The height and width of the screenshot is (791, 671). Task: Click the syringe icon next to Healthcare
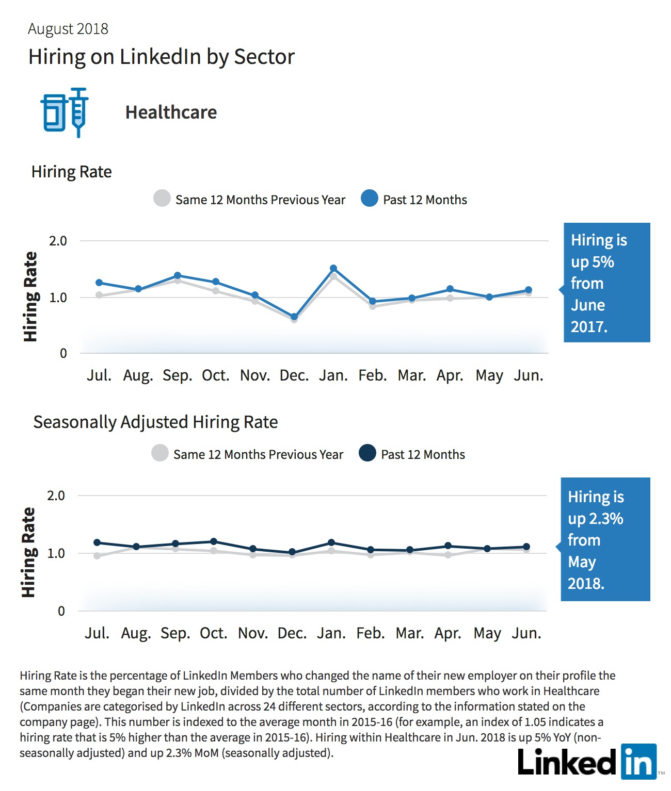point(78,112)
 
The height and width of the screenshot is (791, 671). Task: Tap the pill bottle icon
point(53,112)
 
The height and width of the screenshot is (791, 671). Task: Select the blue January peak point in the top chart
point(333,268)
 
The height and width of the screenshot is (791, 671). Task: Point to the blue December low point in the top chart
point(294,317)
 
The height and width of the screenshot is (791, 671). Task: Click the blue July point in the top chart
point(99,283)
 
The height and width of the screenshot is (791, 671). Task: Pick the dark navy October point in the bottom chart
point(214,541)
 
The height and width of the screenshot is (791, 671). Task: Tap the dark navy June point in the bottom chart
point(526,547)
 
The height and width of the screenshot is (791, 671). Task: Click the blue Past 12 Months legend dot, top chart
point(370,198)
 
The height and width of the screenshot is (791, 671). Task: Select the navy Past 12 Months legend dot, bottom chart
point(368,453)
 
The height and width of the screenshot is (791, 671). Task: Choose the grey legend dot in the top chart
point(162,198)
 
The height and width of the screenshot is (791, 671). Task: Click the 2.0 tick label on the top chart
point(58,241)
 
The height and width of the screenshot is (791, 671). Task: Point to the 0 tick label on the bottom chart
point(61,611)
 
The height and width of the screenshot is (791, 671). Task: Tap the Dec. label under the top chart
point(294,375)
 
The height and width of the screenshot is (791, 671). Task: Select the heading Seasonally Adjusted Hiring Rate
point(155,422)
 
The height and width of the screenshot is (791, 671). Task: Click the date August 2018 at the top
point(68,29)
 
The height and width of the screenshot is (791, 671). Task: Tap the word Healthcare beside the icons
point(171,112)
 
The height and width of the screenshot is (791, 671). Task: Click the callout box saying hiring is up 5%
point(606,283)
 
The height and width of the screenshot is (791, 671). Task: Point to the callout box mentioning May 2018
point(605,539)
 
